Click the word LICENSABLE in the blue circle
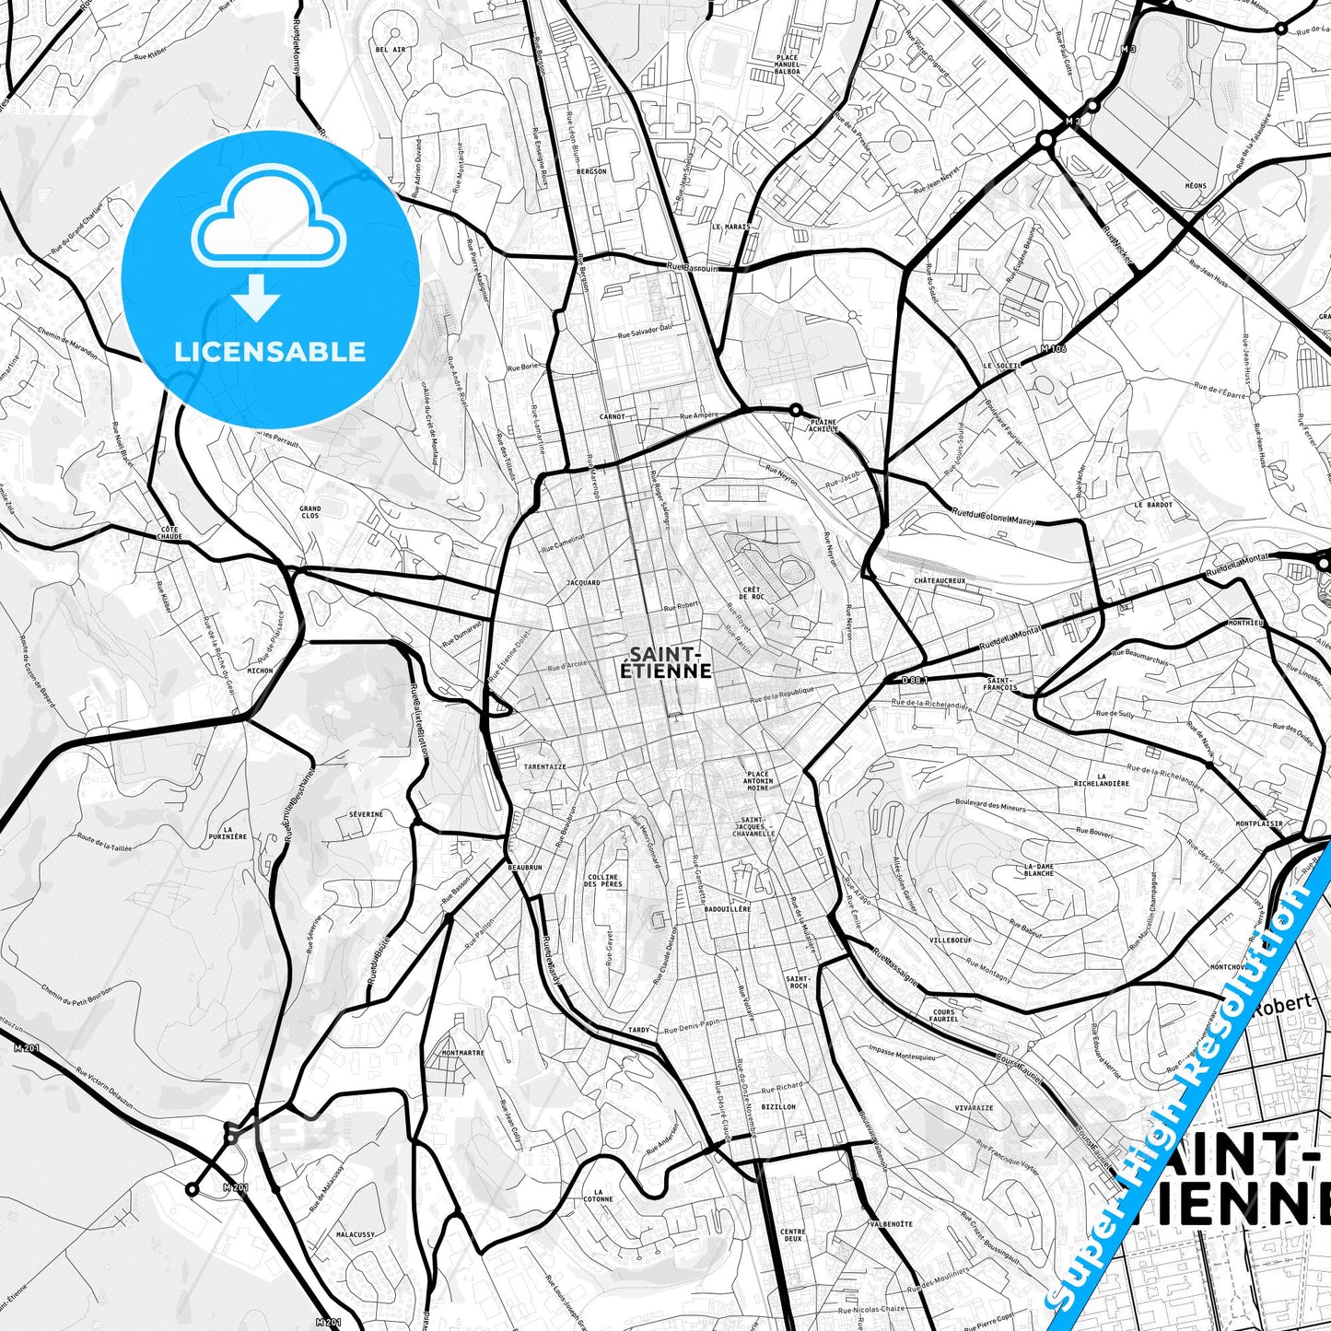270,352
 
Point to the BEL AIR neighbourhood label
390,50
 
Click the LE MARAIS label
730,226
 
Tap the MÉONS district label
1195,186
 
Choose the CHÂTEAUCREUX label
940,581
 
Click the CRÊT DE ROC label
751,592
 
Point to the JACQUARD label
583,583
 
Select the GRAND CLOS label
309,512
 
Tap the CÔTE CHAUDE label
169,532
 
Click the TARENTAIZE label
544,766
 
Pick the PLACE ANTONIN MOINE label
758,781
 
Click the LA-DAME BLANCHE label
1039,870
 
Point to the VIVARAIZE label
974,1108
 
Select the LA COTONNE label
598,1196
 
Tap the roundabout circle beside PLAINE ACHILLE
795,410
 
